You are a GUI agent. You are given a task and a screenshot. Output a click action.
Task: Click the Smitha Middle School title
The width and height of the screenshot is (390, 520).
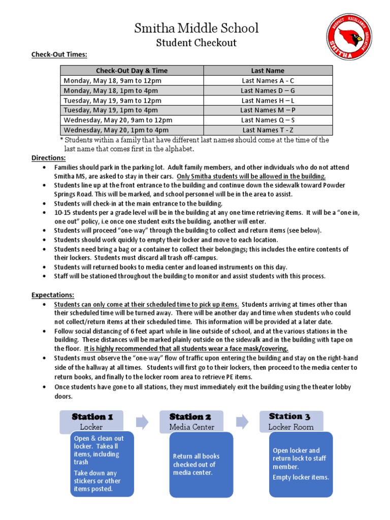click(x=196, y=28)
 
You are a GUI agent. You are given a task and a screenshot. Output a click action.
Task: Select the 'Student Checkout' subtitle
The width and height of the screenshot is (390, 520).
click(x=196, y=43)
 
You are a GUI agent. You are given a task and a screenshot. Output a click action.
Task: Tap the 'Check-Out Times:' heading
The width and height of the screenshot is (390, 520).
click(x=59, y=54)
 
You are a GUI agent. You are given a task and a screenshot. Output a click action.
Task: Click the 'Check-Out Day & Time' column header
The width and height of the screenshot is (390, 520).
click(x=132, y=71)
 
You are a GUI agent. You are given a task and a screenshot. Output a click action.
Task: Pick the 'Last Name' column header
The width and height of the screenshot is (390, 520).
click(x=268, y=71)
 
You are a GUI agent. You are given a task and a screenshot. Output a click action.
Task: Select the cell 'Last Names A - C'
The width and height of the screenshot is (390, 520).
click(x=268, y=81)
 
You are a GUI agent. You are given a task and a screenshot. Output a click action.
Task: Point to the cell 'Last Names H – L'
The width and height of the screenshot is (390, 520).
click(x=268, y=101)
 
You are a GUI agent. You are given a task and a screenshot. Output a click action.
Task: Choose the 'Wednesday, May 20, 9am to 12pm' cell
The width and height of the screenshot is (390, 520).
click(x=118, y=120)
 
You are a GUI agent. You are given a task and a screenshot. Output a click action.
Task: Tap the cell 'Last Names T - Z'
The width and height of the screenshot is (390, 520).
click(x=268, y=130)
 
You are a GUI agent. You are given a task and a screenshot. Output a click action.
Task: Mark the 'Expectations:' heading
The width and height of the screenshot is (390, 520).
click(x=53, y=295)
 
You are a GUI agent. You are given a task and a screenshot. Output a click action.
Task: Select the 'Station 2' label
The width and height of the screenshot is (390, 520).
click(x=190, y=417)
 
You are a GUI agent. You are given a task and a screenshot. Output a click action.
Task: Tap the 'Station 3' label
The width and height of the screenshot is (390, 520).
click(x=289, y=416)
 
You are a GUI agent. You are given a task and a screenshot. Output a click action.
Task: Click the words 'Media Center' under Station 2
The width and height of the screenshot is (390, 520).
click(x=191, y=427)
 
